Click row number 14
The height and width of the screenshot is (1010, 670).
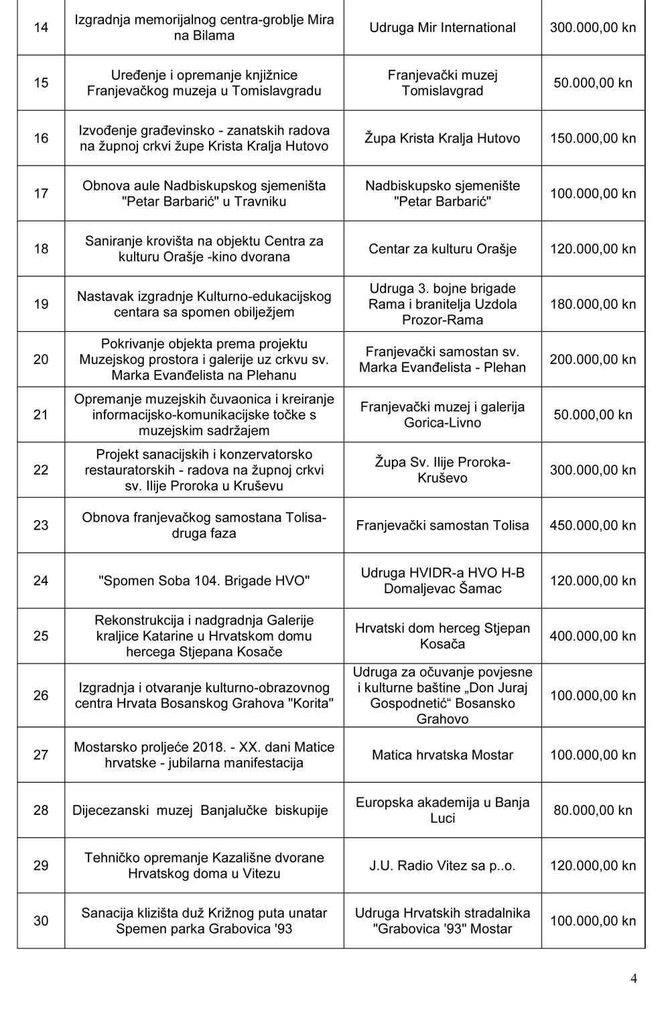click(41, 28)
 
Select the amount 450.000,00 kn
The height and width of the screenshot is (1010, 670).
click(592, 525)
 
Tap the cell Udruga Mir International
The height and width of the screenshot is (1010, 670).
click(442, 28)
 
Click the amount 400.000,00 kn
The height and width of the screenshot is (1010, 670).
click(592, 636)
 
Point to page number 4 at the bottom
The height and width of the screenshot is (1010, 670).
click(634, 979)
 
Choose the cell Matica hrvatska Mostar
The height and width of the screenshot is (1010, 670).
click(442, 755)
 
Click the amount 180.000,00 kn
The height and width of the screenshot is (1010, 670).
click(592, 304)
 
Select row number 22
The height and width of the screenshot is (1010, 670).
click(41, 470)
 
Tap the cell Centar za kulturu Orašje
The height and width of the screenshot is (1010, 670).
click(442, 249)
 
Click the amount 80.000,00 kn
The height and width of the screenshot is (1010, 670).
click(592, 810)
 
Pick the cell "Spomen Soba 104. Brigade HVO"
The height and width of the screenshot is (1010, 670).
click(204, 581)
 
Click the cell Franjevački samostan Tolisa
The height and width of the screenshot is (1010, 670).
click(442, 525)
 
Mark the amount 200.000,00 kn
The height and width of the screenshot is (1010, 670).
click(592, 360)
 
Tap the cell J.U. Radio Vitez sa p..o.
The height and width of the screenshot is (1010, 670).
click(442, 866)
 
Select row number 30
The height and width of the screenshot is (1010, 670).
click(41, 921)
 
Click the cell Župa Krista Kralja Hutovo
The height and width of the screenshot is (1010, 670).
click(442, 139)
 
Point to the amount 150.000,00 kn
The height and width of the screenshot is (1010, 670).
click(592, 139)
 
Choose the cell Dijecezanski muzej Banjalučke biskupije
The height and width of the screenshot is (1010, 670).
click(200, 810)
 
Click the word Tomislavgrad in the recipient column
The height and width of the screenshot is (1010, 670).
click(442, 91)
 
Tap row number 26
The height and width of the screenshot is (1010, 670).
click(41, 696)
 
